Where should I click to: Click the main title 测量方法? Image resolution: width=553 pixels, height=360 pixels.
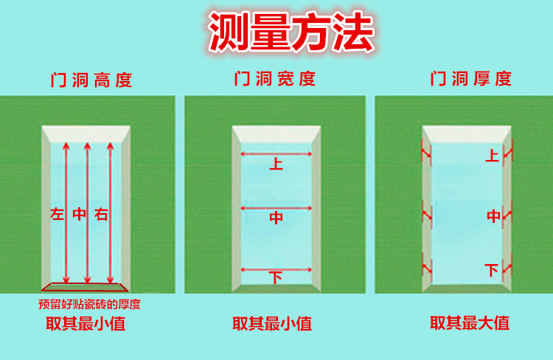point(291,32)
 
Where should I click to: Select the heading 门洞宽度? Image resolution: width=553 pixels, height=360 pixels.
point(275,78)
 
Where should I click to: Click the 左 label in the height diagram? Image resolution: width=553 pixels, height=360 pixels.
point(58,215)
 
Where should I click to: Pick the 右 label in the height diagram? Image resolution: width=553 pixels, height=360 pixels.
point(102,215)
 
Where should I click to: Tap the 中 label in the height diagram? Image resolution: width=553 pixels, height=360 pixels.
point(80,215)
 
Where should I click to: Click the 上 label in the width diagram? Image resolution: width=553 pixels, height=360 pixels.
point(276,164)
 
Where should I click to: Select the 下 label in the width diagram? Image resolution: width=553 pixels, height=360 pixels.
point(276,278)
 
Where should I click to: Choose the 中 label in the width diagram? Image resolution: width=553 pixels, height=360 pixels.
point(276,218)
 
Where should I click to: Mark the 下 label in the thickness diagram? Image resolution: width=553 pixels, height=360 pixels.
point(492,270)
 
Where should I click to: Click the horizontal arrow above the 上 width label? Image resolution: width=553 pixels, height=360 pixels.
point(276,154)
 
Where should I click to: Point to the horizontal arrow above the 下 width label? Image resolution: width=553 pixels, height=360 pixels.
point(276,269)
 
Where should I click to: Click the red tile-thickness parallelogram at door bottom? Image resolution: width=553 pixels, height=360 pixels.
point(86,287)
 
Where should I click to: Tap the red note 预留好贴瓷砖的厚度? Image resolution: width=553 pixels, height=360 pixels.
point(89,303)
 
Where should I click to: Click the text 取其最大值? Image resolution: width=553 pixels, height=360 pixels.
point(470,323)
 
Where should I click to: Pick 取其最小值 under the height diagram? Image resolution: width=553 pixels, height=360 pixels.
point(85,323)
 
